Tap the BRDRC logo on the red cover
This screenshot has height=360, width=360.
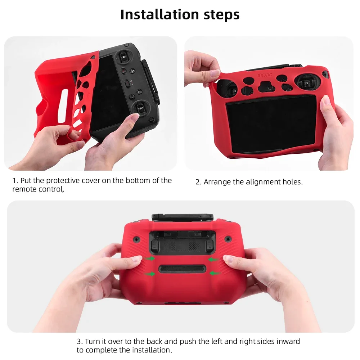pos(263,75)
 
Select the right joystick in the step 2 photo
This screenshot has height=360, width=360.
pos(305,82)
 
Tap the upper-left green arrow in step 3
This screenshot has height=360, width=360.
pos(150,258)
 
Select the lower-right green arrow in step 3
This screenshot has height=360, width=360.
pos(215,274)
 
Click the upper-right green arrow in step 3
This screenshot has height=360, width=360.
pos(214,259)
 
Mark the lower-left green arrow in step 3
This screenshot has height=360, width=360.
pos(150,274)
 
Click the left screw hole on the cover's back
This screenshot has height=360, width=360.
pos(137,239)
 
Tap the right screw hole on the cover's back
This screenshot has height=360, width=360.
pos(228,239)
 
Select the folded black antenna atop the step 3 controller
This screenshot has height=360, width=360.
pos(183,217)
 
